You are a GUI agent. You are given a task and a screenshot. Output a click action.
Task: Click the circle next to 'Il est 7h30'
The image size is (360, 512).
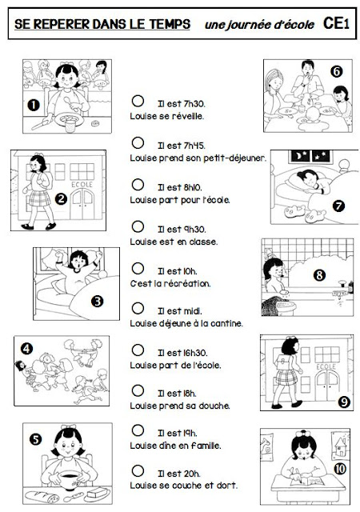tap(138, 101)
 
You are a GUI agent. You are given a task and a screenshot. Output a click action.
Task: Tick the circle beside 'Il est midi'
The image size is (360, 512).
tap(138, 308)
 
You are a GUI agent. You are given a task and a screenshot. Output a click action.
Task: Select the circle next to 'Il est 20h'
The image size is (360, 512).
tap(138, 470)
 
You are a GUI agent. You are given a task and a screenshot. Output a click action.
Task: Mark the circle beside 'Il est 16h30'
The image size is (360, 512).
tap(138, 350)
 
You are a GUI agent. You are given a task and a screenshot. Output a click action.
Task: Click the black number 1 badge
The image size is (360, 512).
tap(34, 105)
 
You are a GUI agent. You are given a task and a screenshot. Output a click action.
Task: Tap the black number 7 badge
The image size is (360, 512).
tap(338, 206)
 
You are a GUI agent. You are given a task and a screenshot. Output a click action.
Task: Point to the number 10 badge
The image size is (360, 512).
tap(340, 469)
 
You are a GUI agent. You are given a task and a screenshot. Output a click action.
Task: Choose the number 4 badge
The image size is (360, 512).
tap(26, 349)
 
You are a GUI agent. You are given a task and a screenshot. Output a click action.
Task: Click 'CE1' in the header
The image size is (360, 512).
tap(336, 23)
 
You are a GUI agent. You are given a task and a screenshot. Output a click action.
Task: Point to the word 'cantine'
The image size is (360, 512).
tap(226, 323)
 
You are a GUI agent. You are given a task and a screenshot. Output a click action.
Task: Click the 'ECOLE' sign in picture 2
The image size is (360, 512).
tap(82, 185)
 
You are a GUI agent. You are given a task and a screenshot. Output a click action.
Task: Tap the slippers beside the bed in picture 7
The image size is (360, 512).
tap(305, 214)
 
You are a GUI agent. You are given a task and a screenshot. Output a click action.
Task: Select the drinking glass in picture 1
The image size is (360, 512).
tap(70, 126)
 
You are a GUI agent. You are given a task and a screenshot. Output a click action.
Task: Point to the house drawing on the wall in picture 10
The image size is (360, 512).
tap(340, 447)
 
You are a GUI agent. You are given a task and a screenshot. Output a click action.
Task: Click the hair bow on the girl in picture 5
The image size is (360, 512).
tap(68, 426)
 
